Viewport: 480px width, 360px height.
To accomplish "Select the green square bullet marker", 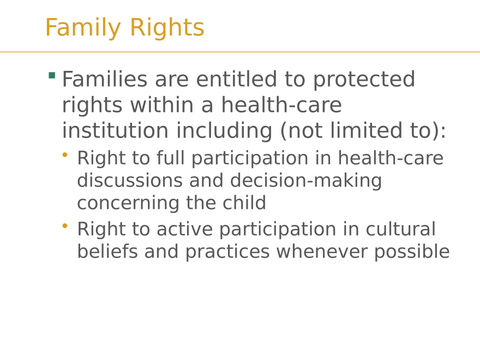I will click(52, 76).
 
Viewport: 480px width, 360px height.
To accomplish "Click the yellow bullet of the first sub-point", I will click(65, 155).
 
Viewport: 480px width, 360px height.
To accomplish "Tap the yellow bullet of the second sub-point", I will click(65, 225).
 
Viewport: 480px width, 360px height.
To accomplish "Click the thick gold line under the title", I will click(240, 53).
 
